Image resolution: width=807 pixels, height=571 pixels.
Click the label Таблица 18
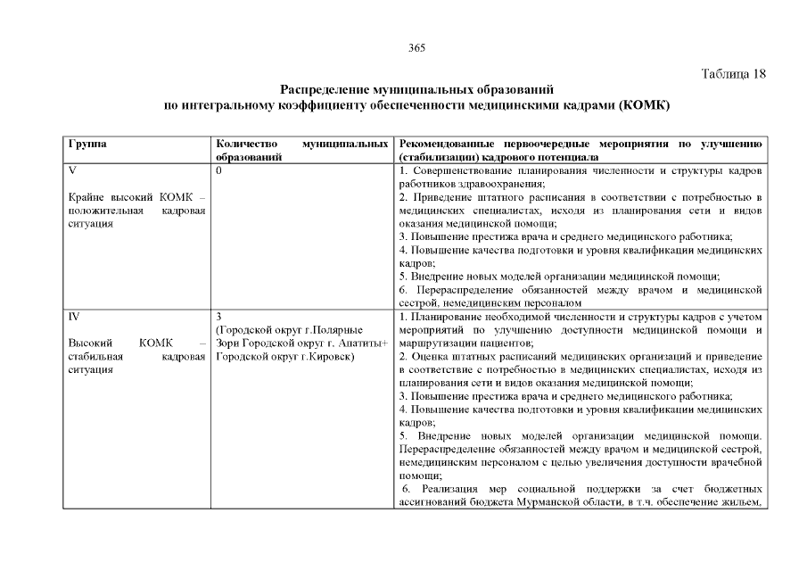pyautogui.click(x=733, y=73)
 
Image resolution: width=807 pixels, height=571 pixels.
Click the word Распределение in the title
pyautogui.click(x=323, y=90)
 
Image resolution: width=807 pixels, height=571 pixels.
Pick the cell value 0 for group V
pyautogui.click(x=219, y=170)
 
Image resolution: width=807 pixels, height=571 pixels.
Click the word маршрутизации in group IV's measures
pyautogui.click(x=435, y=343)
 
